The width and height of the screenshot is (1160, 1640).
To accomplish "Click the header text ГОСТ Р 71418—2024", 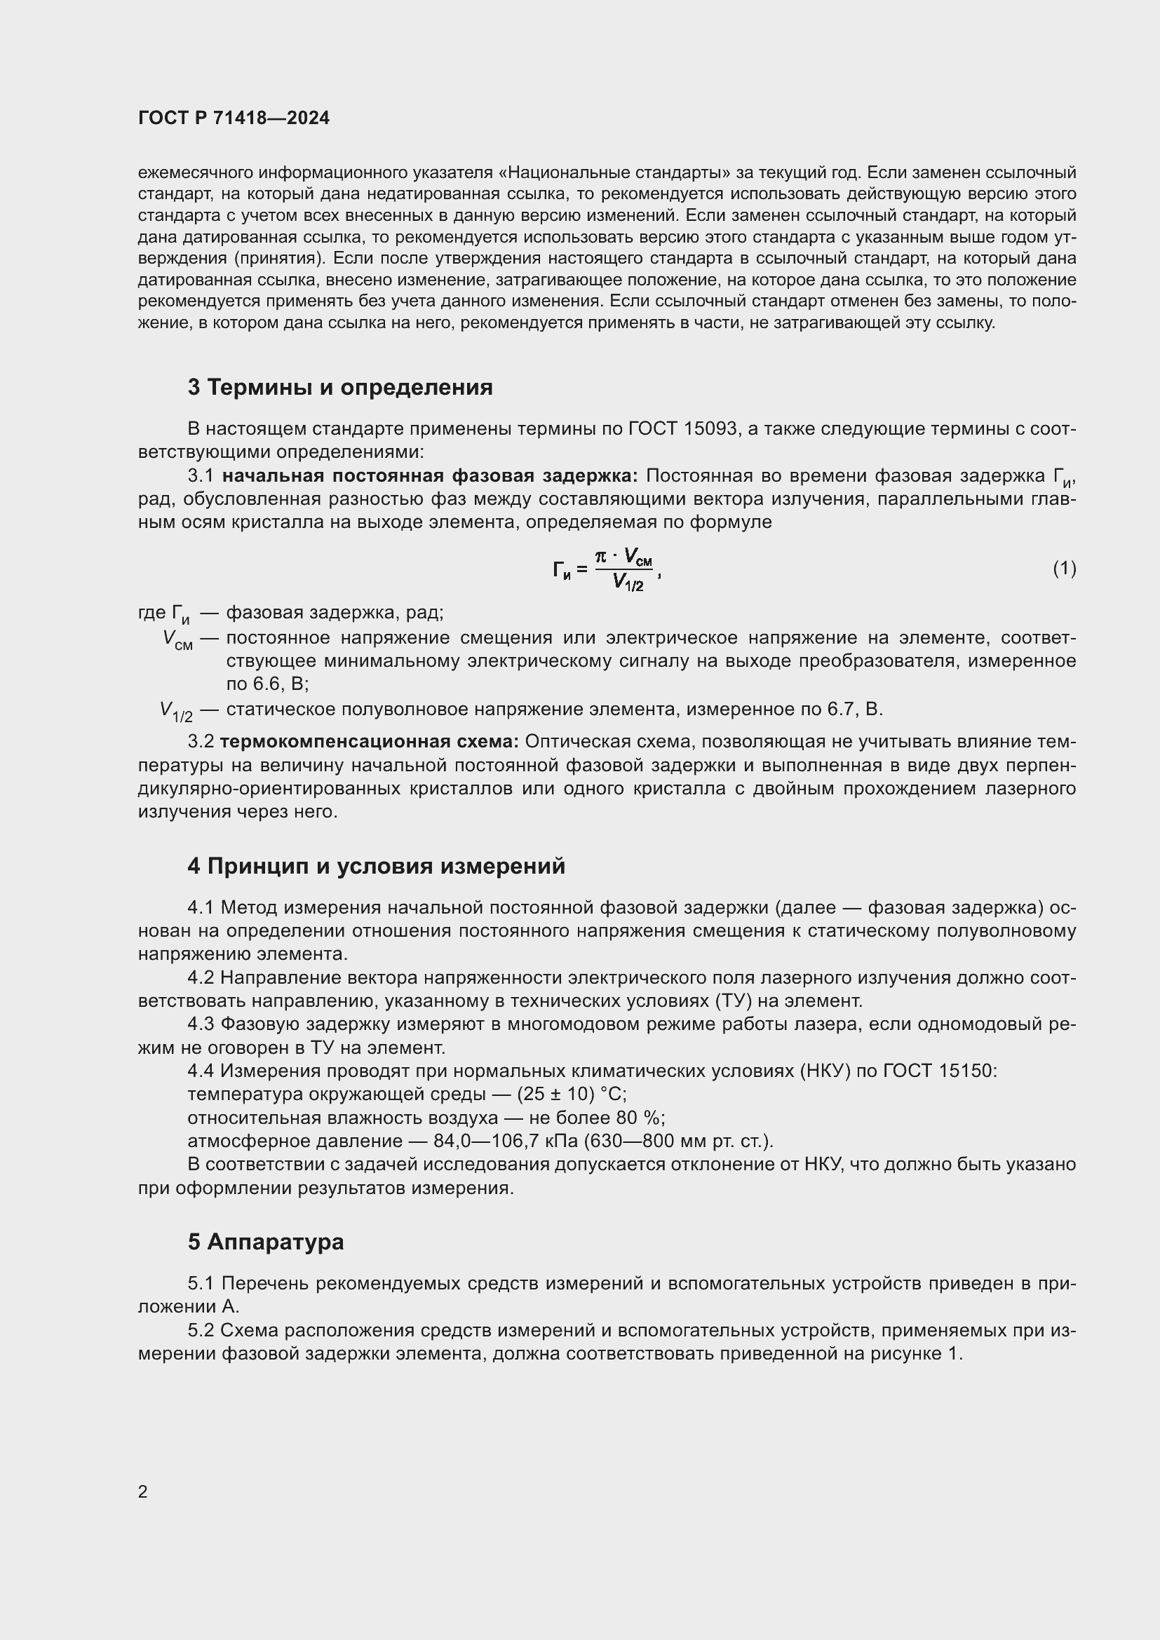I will coord(234,118).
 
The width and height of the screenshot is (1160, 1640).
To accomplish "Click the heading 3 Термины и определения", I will coord(340,387).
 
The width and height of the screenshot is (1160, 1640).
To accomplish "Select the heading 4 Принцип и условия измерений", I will coord(376,867).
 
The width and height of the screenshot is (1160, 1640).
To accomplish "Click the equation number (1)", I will coord(1065,569).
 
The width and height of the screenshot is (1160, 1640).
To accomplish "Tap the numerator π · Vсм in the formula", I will coord(624,556).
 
